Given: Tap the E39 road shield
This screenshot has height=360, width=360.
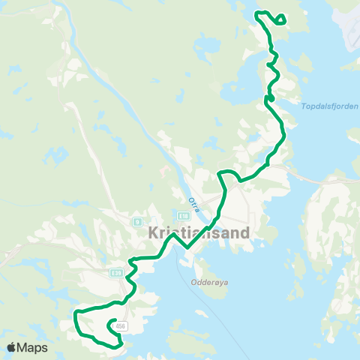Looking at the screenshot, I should [115, 274].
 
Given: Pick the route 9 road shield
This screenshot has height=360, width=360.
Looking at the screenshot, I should [137, 222].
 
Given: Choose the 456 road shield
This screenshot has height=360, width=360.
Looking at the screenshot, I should [121, 325].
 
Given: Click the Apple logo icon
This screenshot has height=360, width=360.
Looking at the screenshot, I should [12, 347].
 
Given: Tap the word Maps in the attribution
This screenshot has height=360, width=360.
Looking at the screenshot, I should [33, 347].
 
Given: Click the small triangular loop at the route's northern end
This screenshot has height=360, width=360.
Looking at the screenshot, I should [280, 19].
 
